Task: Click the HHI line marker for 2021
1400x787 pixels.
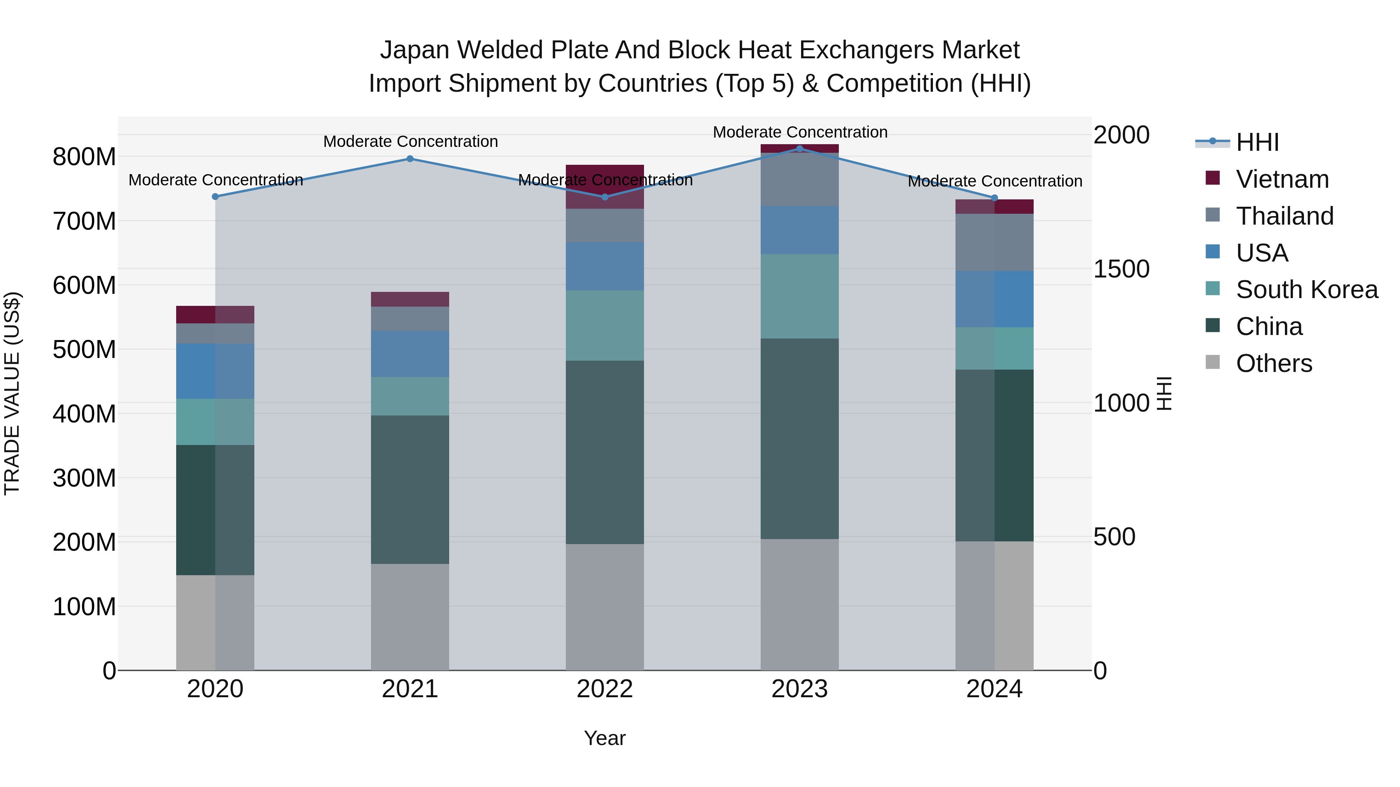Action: pyautogui.click(x=410, y=159)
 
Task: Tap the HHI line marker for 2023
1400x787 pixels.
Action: pyautogui.click(x=800, y=148)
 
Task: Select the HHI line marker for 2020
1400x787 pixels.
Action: pyautogui.click(x=215, y=197)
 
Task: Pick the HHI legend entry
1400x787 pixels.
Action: pyautogui.click(x=1256, y=142)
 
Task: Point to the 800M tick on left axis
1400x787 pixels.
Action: pyautogui.click(x=84, y=157)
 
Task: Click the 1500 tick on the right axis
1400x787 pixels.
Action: pyautogui.click(x=1121, y=269)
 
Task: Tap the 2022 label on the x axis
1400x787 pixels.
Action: pyautogui.click(x=604, y=689)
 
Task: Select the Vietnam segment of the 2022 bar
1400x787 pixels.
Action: pyautogui.click(x=604, y=186)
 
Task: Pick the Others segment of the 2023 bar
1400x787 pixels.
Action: pyautogui.click(x=800, y=604)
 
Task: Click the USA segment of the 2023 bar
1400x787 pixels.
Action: pyautogui.click(x=800, y=230)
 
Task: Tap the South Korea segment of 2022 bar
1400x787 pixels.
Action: pyautogui.click(x=604, y=325)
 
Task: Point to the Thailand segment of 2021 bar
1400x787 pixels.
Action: pyautogui.click(x=410, y=319)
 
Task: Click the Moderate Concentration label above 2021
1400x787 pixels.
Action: pyautogui.click(x=410, y=142)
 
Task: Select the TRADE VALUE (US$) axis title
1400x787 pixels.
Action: pyautogui.click(x=12, y=393)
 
